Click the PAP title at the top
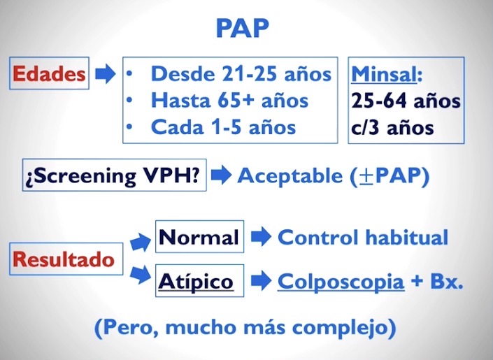click(x=243, y=28)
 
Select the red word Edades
click(x=49, y=74)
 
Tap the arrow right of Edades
click(x=106, y=74)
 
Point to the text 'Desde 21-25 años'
click(x=241, y=74)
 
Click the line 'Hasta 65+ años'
click(x=229, y=101)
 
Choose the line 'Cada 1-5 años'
click(x=223, y=127)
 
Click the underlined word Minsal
click(x=384, y=74)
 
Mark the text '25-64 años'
click(x=406, y=101)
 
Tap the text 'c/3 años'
click(x=392, y=128)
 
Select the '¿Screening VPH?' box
click(x=115, y=175)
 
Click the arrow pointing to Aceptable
click(x=222, y=175)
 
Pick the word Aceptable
click(x=290, y=175)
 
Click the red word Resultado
click(x=63, y=259)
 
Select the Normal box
click(x=200, y=236)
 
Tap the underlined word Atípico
click(x=196, y=281)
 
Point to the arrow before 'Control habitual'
click(x=262, y=236)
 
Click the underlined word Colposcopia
click(x=341, y=282)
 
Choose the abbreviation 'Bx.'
click(x=446, y=281)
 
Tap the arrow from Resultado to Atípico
click(x=141, y=275)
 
